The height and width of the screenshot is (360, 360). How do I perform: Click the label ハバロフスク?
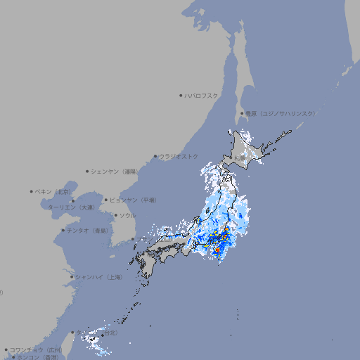tap(202, 95)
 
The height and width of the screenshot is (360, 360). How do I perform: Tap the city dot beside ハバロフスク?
tap(181, 95)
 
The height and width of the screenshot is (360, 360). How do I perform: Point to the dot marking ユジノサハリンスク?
tap(242, 113)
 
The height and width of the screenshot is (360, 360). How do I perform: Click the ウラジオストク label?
tap(179, 156)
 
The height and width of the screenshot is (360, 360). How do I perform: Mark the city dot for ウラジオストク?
tap(155, 156)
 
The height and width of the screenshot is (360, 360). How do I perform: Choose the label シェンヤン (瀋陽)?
tap(113, 171)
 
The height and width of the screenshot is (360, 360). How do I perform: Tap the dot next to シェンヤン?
tap(87, 171)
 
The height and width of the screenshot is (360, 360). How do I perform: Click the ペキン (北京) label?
tap(54, 191)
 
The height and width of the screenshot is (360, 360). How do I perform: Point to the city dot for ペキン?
tap(32, 191)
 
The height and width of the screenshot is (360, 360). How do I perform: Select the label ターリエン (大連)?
tap(71, 207)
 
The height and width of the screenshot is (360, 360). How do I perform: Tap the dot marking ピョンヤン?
tap(107, 200)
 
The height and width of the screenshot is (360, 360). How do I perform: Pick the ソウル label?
tap(127, 215)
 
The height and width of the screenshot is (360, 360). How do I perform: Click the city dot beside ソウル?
tap(115, 215)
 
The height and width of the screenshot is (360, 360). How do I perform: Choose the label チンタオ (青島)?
tap(88, 230)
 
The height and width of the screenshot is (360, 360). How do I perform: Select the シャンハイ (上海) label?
tap(99, 277)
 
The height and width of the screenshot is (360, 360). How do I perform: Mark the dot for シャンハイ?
tap(72, 277)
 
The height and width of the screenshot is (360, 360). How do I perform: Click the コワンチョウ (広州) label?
tap(36, 349)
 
